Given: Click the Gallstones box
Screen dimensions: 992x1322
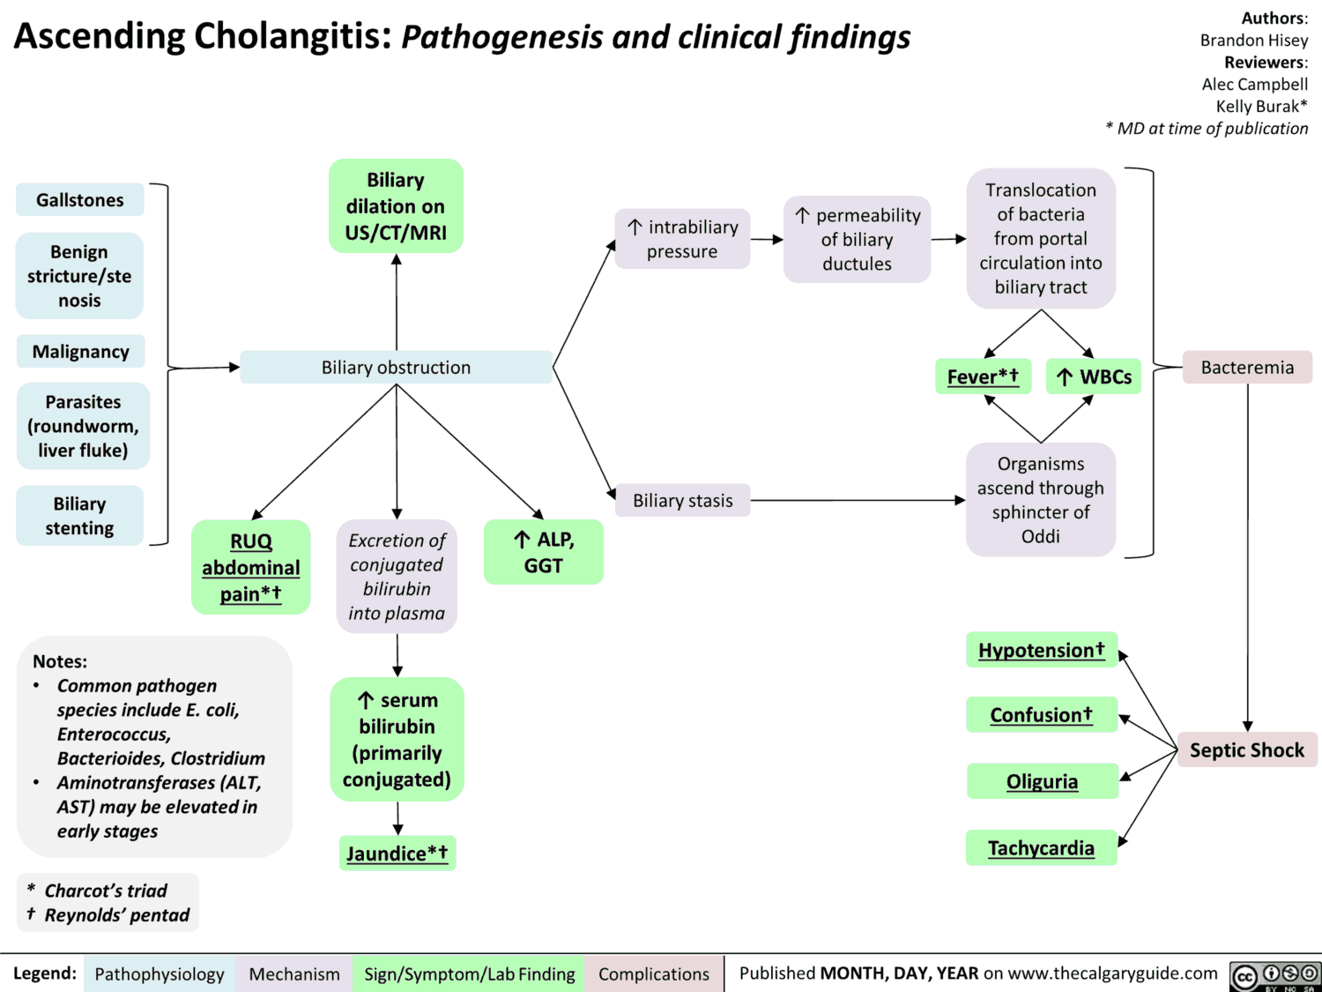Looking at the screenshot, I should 79,200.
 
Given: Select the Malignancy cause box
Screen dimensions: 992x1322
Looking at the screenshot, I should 80,352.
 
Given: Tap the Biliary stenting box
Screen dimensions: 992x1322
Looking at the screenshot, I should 79,516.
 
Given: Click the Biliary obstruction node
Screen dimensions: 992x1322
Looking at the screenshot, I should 396,367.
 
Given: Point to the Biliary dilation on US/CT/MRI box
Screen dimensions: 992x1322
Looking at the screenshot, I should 396,206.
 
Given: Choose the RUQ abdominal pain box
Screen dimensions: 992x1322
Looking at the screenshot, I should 251,567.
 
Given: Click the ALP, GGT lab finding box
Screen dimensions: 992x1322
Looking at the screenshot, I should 543,552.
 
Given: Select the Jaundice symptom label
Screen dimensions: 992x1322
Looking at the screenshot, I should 397,854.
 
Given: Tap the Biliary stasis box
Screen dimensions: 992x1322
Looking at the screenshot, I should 683,500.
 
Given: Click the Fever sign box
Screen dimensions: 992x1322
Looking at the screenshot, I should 983,377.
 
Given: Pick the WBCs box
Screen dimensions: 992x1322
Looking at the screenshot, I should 1094,377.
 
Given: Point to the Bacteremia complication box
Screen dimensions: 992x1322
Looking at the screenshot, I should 1247,367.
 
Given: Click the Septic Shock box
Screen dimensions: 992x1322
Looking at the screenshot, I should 1247,750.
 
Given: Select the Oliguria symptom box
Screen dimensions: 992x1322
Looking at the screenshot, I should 1042,781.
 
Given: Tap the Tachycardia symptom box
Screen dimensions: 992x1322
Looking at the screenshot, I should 1041,848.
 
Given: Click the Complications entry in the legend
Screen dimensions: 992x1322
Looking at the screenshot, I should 654,973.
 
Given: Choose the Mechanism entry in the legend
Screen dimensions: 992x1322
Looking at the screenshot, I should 294,973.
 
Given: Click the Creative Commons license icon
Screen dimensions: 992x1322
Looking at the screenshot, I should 1274,975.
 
